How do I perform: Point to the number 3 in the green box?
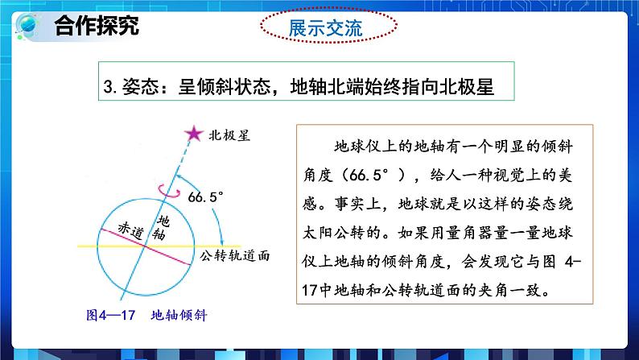[x=110, y=86]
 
